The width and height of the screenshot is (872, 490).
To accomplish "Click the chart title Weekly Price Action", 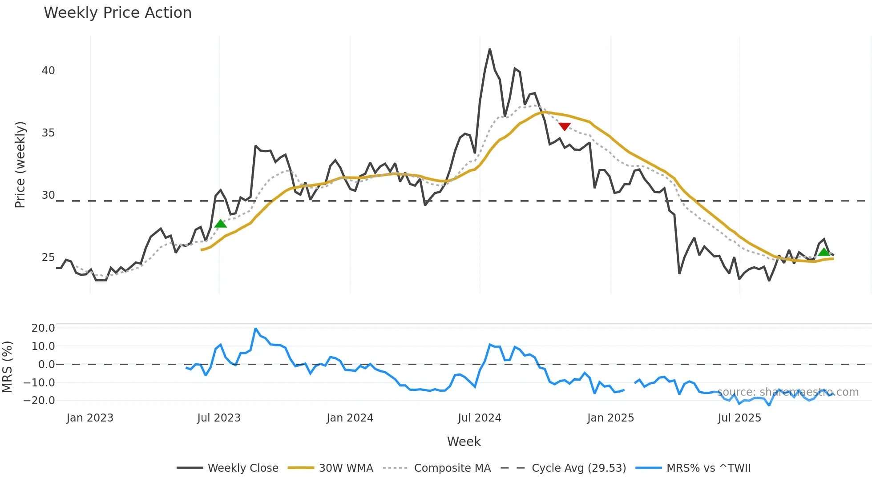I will (117, 12).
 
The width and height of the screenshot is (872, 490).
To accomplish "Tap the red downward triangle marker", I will (565, 127).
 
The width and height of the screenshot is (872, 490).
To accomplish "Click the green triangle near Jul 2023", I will (221, 224).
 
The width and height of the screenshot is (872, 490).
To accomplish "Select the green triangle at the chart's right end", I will (824, 253).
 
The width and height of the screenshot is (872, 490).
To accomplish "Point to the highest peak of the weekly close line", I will (490, 49).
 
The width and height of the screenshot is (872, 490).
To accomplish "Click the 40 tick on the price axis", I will (48, 71).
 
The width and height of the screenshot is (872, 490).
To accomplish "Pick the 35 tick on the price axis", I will (48, 133).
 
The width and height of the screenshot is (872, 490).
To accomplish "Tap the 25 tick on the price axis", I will (48, 257).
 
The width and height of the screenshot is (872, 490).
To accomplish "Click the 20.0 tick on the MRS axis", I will (43, 328).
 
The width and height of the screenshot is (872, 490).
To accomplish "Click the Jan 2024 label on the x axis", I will (350, 418).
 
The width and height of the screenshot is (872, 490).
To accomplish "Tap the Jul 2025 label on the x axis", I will (739, 418).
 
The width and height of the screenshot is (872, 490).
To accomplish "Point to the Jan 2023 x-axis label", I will (90, 418).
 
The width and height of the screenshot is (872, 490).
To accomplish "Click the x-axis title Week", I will (464, 442).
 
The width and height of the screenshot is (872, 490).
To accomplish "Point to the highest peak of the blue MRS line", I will (256, 329).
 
